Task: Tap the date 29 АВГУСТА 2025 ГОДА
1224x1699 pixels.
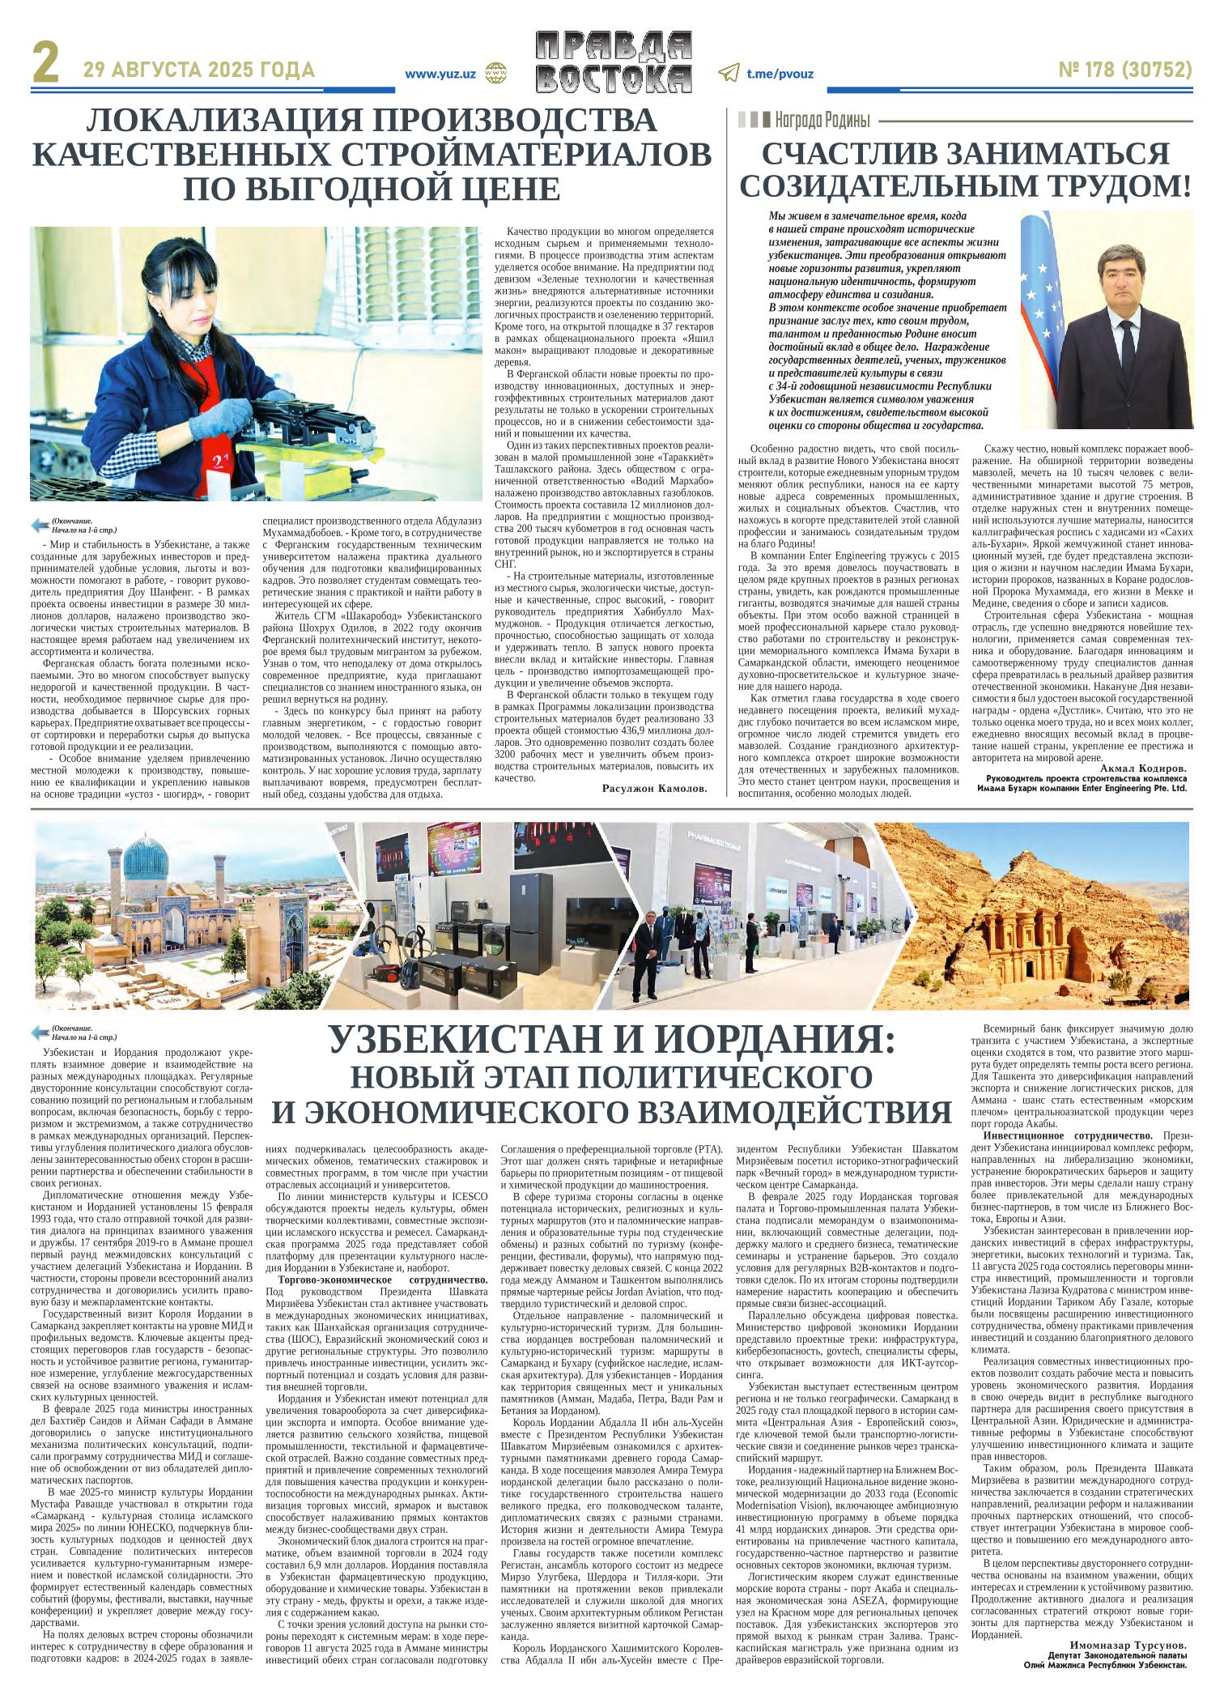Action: [x=199, y=71]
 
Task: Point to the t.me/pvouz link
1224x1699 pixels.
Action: [x=780, y=74]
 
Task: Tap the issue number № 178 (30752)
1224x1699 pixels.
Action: [x=1125, y=71]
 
